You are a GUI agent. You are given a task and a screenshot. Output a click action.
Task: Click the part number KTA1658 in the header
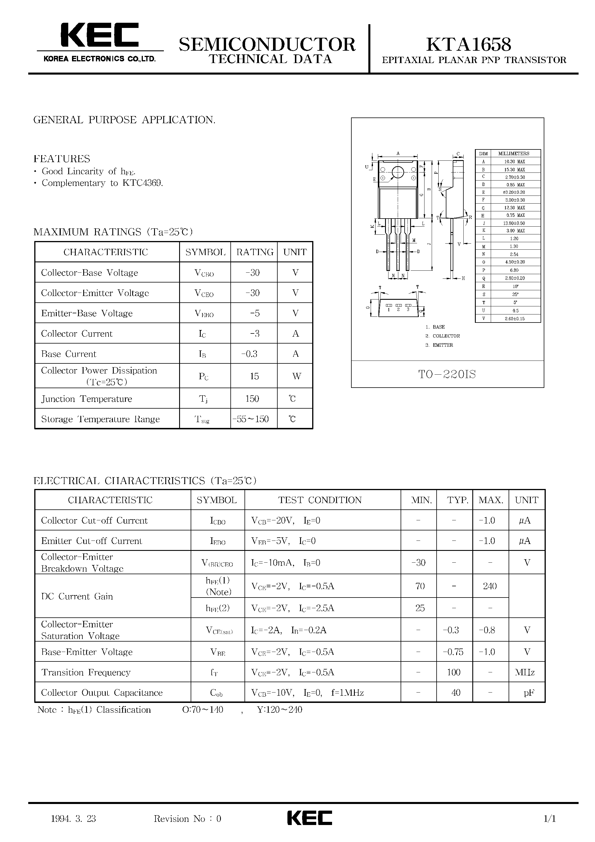469,45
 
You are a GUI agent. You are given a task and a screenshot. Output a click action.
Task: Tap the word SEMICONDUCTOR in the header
267,45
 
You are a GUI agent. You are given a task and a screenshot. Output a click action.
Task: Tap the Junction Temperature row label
87,399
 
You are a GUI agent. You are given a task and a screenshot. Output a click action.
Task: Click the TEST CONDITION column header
320,500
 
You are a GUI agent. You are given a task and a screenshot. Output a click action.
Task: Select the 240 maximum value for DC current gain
490,586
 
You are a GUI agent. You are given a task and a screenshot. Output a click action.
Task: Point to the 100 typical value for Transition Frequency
454,672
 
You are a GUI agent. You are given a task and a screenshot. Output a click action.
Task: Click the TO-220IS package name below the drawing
447,374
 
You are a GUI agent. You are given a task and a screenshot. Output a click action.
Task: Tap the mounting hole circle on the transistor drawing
398,172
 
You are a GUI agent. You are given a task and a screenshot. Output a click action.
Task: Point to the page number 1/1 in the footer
549,819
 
